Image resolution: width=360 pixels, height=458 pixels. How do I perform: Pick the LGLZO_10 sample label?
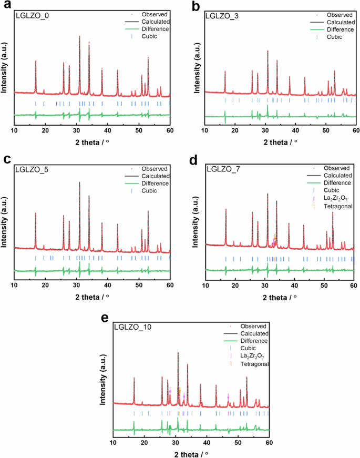pyautogui.click(x=133, y=327)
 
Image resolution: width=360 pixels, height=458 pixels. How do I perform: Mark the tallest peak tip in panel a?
pyautogui.click(x=79, y=36)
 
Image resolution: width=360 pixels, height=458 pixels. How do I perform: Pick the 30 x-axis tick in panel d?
pyautogui.click(x=266, y=284)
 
